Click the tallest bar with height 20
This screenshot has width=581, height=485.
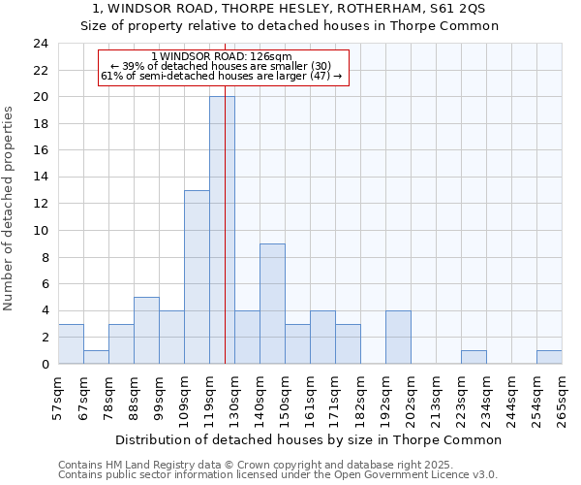pos(222,230)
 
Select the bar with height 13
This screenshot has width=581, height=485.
pos(197,276)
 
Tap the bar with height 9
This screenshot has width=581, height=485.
pos(272,304)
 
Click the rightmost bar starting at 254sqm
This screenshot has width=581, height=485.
pos(549,357)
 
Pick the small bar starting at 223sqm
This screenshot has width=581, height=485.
pos(474,357)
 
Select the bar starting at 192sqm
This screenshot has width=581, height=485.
pos(398,337)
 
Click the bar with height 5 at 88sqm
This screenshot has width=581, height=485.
pos(146,330)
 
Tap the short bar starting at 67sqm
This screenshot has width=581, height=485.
pos(96,357)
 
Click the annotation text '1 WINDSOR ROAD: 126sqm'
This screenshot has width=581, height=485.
pos(222,57)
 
